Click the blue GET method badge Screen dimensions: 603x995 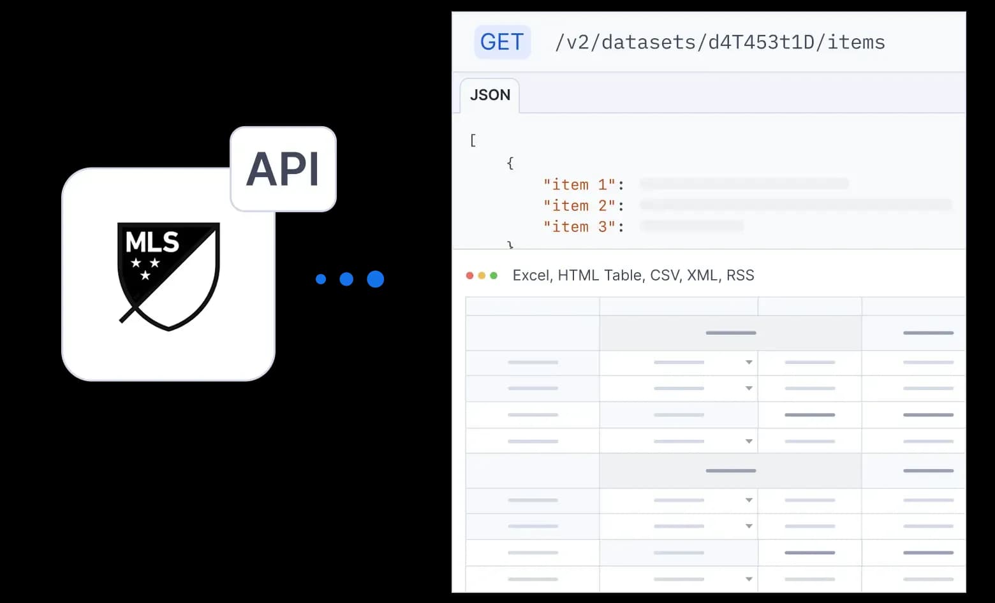[x=502, y=42]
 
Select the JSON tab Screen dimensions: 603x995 [x=490, y=95]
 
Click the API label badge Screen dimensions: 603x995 [x=283, y=169]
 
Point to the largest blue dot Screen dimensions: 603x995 [x=376, y=279]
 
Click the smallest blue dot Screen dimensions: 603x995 [x=321, y=279]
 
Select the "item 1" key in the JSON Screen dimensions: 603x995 [x=579, y=185]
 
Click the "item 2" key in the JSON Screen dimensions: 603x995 [x=579, y=206]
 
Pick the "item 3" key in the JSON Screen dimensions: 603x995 [x=579, y=227]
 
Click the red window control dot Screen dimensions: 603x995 [x=470, y=275]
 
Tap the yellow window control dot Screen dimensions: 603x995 [x=482, y=275]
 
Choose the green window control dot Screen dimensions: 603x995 [x=494, y=275]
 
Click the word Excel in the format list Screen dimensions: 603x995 [x=531, y=275]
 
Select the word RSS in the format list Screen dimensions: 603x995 [x=740, y=275]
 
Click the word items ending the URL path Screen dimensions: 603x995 [x=856, y=42]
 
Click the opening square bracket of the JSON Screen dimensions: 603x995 [x=473, y=140]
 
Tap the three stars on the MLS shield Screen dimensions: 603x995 [x=145, y=267]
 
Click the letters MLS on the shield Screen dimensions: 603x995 [x=152, y=242]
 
